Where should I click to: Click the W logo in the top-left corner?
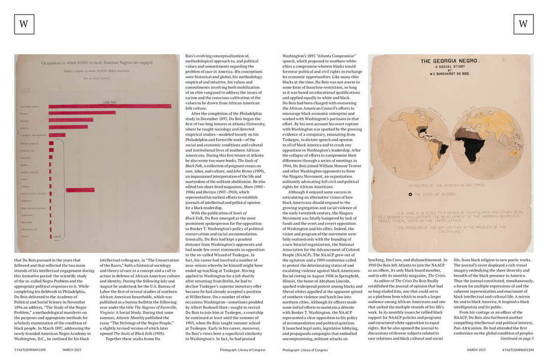pos(24,24)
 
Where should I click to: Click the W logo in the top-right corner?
pos(523,24)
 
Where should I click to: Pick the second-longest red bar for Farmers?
pos(82,113)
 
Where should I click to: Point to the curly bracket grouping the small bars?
pos(62,190)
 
